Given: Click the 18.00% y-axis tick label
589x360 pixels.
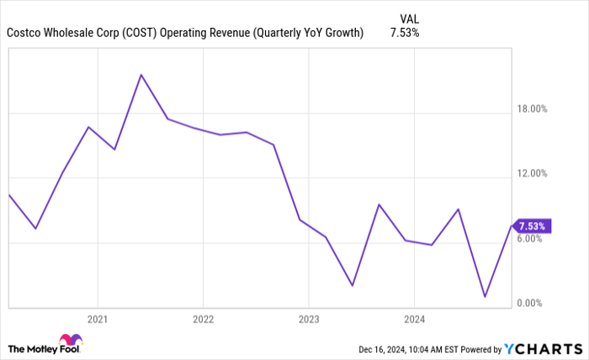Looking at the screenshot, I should point(531,109).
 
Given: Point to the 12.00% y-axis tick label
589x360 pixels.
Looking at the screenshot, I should point(531,174).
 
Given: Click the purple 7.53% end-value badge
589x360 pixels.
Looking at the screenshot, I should point(533,226).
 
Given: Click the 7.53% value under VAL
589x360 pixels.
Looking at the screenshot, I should point(405,34).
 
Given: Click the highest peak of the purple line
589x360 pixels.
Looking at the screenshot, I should point(141,75).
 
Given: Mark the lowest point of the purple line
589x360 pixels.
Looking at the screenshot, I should point(485,296).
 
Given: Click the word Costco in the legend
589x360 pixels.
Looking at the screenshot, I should point(25,34).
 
